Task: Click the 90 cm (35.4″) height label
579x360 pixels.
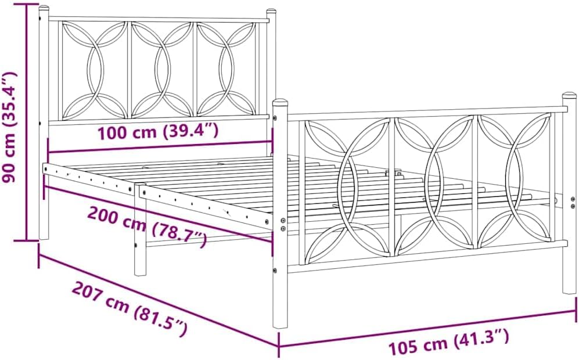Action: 10,127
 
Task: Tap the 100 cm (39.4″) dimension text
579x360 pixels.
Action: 158,132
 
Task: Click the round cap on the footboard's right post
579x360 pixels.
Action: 569,96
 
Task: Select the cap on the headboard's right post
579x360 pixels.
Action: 271,13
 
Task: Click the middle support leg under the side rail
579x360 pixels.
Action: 140,232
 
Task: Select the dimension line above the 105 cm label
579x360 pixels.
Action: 427,329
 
